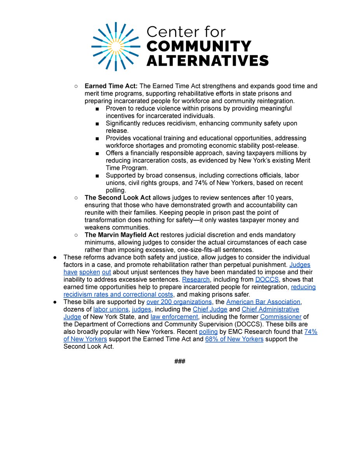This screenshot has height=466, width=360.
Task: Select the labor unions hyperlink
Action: point(111,309)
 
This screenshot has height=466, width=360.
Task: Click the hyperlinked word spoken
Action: point(90,272)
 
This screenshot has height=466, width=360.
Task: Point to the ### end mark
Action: point(180,361)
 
